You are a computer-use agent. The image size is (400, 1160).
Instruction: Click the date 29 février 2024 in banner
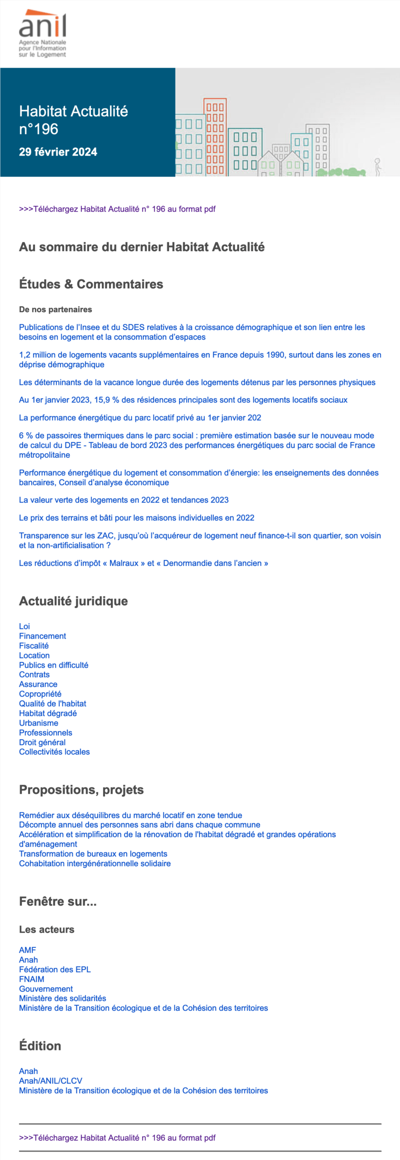tap(58, 152)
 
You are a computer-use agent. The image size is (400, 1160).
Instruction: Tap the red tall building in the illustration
tap(215, 137)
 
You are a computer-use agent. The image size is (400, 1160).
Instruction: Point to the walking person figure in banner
tap(377, 167)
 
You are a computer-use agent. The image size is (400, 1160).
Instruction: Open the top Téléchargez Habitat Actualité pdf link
tap(117, 209)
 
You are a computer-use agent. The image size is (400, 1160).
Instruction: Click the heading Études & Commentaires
tap(91, 284)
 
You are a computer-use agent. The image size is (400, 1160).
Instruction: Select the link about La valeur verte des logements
tap(123, 500)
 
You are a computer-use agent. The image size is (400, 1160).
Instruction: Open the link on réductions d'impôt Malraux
tap(143, 563)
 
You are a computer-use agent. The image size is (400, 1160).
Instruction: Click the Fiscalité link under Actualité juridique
tap(33, 646)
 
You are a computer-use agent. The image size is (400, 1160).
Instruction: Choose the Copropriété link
tap(40, 694)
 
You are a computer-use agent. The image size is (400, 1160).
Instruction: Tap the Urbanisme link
tap(38, 723)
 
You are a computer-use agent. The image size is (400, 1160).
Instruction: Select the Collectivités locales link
tap(54, 752)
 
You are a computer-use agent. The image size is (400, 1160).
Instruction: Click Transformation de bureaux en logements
tap(93, 854)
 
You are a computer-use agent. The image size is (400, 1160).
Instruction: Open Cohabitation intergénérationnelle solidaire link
tap(94, 863)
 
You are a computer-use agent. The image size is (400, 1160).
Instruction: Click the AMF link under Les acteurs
tap(27, 950)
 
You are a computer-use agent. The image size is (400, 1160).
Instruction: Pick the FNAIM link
tap(31, 979)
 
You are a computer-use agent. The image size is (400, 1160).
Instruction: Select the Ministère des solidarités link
tap(62, 998)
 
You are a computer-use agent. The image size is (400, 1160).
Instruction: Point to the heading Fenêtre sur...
tap(57, 902)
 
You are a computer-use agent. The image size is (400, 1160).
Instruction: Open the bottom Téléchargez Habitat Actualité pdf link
tap(117, 1137)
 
